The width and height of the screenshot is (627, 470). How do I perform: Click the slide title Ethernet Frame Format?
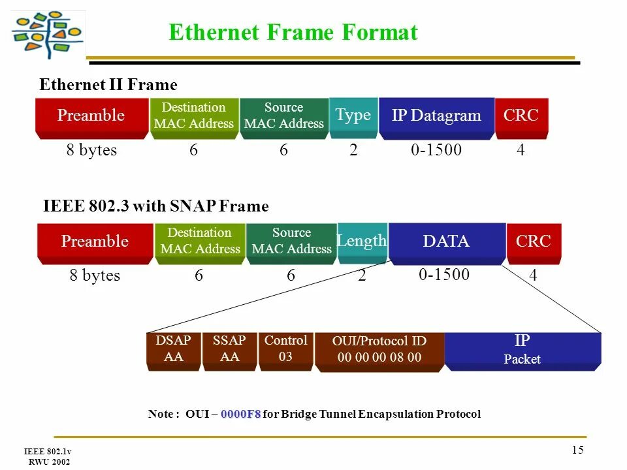point(293,33)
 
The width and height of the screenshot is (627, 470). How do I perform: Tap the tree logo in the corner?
point(48,35)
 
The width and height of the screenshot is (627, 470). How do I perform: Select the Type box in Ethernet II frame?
point(353,116)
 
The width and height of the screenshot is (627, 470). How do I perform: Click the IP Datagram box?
point(436,117)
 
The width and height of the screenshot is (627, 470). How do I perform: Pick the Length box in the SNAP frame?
point(362,242)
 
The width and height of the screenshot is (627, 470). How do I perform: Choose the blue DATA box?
point(447,242)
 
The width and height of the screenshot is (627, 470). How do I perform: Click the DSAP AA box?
point(174,349)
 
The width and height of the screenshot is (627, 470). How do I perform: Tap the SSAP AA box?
point(229,349)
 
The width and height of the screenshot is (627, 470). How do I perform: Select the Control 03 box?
point(285,349)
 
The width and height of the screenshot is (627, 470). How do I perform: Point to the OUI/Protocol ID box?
point(379,351)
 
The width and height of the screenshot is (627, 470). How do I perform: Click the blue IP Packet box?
point(522,350)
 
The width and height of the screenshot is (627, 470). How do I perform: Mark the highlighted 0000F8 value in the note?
point(240,415)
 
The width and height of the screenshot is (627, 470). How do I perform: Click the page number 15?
point(577,449)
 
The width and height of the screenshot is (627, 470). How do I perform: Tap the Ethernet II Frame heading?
point(108,86)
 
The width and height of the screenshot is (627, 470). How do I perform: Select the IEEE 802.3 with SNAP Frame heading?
point(155,207)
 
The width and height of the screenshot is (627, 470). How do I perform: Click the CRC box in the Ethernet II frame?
point(521,117)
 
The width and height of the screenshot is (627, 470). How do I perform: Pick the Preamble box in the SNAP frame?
point(95,242)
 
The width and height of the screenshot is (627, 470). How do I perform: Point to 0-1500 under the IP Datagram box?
point(436,150)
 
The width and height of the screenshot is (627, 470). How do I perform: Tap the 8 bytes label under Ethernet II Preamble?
point(91,150)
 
